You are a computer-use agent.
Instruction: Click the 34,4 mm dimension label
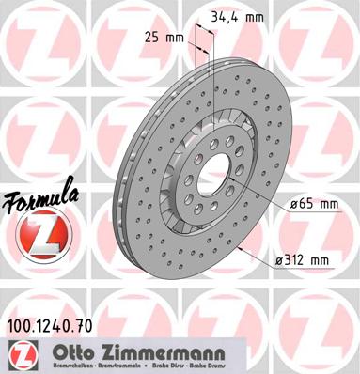pos(241,16)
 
